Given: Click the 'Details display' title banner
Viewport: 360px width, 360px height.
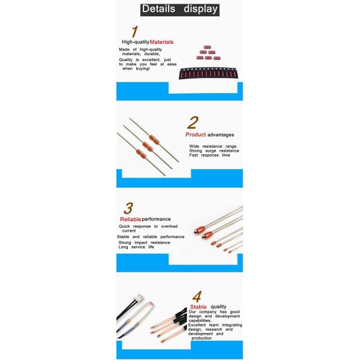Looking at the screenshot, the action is (x=180, y=10).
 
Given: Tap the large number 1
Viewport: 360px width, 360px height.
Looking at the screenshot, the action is (x=135, y=31).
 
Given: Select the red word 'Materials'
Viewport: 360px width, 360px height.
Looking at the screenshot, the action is (x=161, y=42).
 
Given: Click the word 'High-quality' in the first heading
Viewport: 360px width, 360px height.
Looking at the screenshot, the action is (x=136, y=42).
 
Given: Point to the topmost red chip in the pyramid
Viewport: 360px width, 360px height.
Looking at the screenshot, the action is (x=207, y=47).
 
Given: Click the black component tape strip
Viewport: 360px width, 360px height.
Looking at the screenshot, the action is (x=208, y=73).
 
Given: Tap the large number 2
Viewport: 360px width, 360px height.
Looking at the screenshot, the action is (x=193, y=122).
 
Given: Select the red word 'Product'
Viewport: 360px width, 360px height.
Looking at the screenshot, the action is (x=196, y=134).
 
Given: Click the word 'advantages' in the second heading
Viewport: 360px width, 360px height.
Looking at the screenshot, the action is (x=221, y=135).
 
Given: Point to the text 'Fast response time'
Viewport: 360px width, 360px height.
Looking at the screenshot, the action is (x=209, y=155).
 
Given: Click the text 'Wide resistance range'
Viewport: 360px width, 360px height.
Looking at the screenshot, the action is (x=213, y=146).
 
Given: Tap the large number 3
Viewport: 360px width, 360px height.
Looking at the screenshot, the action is (x=128, y=208).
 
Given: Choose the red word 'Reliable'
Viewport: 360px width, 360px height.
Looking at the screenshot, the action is (x=130, y=219).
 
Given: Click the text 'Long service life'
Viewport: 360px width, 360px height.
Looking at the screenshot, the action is (x=136, y=247).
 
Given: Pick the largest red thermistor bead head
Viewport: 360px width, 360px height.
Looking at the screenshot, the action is (x=199, y=230).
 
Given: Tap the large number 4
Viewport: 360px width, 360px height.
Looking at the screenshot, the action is (x=197, y=296).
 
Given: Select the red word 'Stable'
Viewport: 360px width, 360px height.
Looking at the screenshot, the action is (x=198, y=307).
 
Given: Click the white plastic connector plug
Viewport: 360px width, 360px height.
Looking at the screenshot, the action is (x=139, y=298).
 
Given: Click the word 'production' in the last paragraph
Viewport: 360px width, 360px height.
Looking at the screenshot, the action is (x=202, y=338).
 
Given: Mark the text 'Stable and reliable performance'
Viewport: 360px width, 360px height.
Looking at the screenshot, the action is (x=151, y=237).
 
